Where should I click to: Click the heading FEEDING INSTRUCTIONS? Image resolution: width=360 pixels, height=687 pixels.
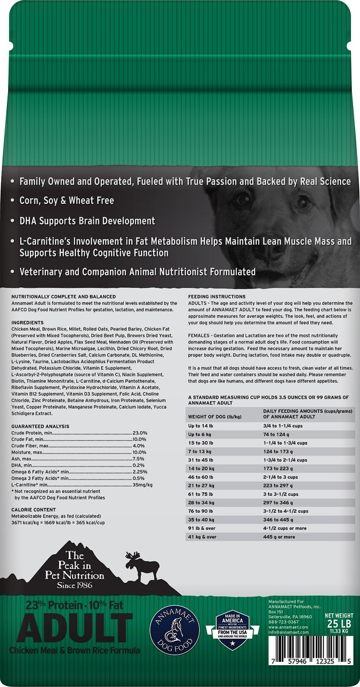point(215,297)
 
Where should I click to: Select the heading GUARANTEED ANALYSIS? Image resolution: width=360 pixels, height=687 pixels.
point(40,426)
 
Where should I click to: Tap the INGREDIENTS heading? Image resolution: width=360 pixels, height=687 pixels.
point(28,323)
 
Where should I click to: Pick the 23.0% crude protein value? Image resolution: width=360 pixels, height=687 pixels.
point(140,433)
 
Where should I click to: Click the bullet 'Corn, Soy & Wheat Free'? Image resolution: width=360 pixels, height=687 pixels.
point(66,200)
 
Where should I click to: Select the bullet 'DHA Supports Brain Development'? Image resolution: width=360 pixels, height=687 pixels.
point(87,220)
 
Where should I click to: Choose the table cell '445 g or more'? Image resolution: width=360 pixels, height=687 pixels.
point(280,537)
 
